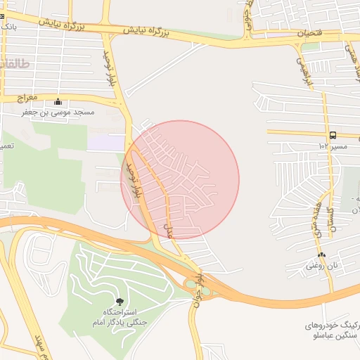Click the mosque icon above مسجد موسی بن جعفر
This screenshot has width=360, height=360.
point(58,101)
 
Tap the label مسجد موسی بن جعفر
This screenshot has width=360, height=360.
point(58,112)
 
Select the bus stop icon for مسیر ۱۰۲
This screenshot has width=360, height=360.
point(332,135)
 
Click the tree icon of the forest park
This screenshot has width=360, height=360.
point(119,302)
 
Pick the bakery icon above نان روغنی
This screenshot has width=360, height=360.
point(321,255)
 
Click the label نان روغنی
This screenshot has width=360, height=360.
point(321,266)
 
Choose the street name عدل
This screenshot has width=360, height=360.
point(167,230)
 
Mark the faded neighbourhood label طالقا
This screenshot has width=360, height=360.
point(15,63)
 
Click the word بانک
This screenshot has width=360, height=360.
point(8,26)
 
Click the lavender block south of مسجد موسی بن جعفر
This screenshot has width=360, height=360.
point(105,143)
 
